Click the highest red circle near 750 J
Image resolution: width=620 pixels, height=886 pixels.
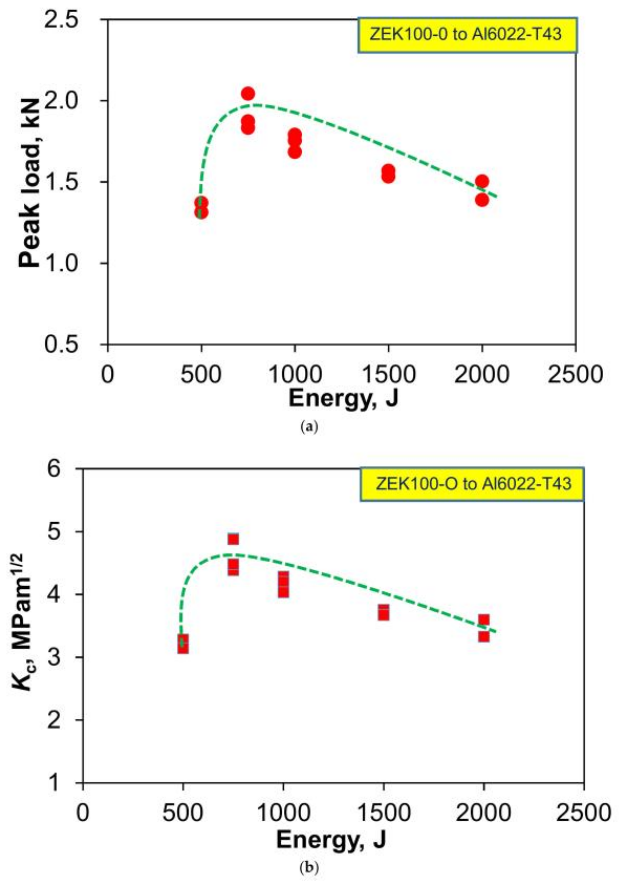pyautogui.click(x=248, y=93)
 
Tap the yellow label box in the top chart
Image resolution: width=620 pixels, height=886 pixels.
pyautogui.click(x=467, y=35)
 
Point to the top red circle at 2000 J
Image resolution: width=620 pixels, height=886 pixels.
pyautogui.click(x=481, y=181)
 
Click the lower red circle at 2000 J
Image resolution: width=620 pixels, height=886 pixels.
pyautogui.click(x=481, y=200)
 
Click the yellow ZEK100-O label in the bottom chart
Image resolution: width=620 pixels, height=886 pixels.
pyautogui.click(x=472, y=484)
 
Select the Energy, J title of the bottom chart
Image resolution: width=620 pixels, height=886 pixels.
pyautogui.click(x=331, y=848)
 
